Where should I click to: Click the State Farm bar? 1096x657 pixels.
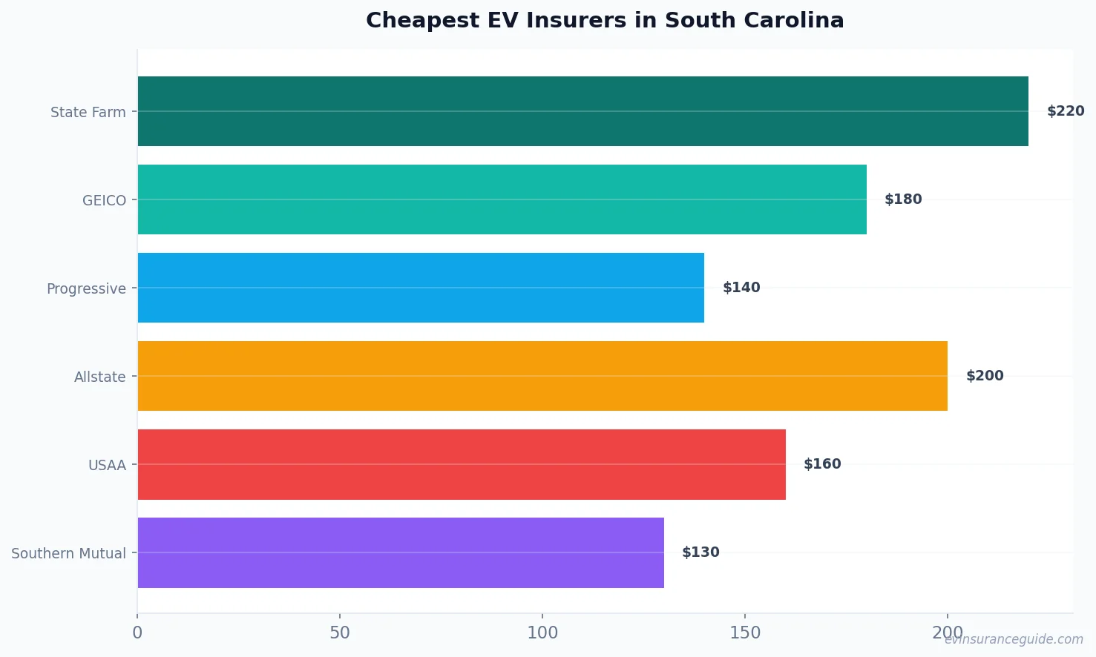[x=583, y=111]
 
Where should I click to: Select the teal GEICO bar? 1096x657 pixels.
[x=502, y=199]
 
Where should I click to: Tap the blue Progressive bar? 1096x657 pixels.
[x=421, y=288]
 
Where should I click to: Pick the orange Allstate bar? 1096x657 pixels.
[x=542, y=376]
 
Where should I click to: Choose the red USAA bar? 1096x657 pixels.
[x=462, y=464]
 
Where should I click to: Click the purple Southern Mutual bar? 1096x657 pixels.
[x=401, y=552]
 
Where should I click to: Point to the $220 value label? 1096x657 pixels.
[x=1066, y=111]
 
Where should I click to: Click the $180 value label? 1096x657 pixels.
[x=903, y=199]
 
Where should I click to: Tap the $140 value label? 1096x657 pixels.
[x=741, y=288]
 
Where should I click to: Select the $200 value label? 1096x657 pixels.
[x=985, y=376]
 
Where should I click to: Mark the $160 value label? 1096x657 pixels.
[x=822, y=464]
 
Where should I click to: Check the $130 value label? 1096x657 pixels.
[x=700, y=552]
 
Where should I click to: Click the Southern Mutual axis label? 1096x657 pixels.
[x=68, y=553]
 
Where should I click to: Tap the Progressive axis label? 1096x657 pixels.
[x=86, y=288]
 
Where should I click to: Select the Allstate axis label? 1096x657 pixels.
[x=99, y=377]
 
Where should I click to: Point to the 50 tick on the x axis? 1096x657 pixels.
[x=340, y=633]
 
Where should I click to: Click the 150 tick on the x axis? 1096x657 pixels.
[x=745, y=633]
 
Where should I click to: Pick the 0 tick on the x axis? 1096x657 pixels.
[x=137, y=633]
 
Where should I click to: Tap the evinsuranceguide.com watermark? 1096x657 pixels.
[x=1014, y=639]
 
